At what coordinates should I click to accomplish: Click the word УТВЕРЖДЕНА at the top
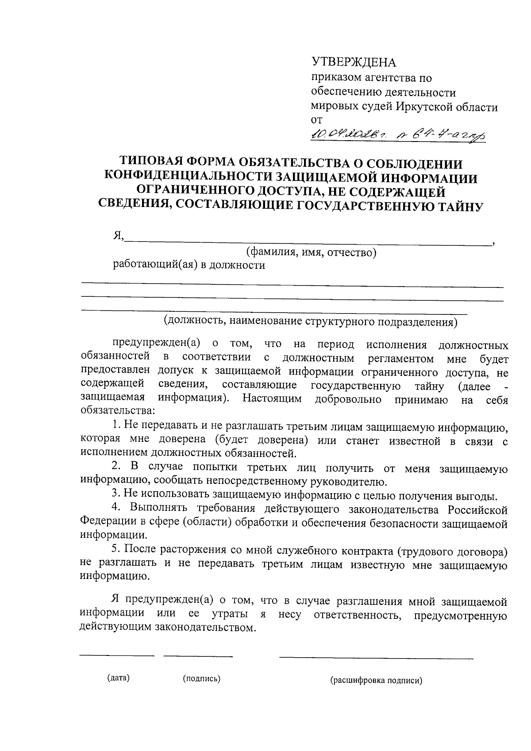click(354, 62)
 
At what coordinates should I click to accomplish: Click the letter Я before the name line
click(117, 237)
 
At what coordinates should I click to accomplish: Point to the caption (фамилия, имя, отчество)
click(311, 253)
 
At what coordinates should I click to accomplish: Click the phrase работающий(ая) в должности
click(189, 265)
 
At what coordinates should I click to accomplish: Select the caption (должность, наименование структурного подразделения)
click(310, 322)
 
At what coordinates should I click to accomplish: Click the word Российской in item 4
click(477, 510)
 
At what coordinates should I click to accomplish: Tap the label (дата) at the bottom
click(118, 678)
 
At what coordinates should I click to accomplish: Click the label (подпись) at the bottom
click(201, 678)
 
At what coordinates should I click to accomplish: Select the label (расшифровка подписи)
click(376, 681)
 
